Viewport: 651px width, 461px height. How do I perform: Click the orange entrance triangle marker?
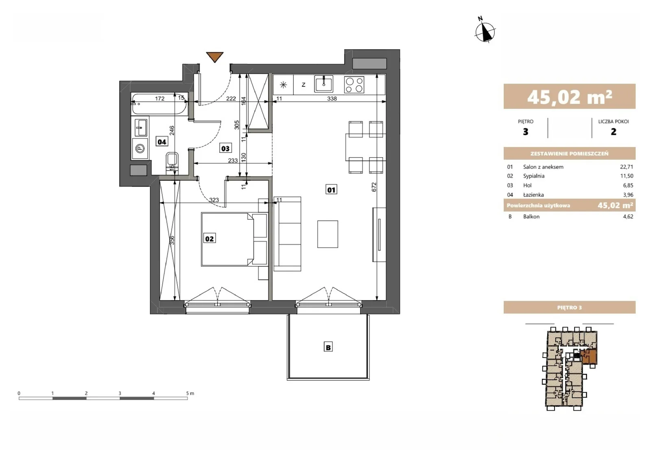(215, 57)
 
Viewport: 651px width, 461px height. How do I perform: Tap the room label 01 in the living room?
(331, 190)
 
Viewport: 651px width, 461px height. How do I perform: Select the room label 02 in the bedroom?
(209, 239)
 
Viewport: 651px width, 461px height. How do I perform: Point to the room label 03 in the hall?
(225, 148)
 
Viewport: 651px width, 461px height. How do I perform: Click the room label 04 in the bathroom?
(162, 142)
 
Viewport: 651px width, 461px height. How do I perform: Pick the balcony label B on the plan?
(328, 347)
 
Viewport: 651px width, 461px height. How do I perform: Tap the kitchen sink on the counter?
(323, 84)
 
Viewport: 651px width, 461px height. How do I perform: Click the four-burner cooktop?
(354, 85)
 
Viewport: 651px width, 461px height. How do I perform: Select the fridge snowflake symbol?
(283, 85)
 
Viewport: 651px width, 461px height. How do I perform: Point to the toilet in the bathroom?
(172, 163)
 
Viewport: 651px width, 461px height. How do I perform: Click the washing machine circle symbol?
(140, 149)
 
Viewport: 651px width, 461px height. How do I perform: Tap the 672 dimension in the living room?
(374, 187)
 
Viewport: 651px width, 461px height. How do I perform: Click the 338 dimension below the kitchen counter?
(332, 99)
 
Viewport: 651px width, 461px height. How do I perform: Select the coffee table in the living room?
(328, 234)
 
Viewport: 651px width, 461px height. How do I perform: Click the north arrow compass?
(485, 31)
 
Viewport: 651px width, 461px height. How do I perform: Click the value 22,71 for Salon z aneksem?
(626, 167)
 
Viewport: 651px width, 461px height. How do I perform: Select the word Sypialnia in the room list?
(534, 176)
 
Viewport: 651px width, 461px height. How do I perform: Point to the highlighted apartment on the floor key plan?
(589, 357)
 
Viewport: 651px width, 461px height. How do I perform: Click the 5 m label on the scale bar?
(190, 393)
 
